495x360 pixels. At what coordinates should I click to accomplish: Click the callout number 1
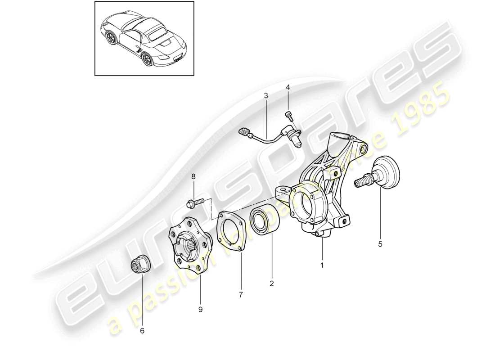[x=322, y=265]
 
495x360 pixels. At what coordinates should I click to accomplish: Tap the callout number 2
[x=271, y=283]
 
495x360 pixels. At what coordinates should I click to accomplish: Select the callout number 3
[x=266, y=95]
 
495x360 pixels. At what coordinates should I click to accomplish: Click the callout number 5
[x=380, y=245]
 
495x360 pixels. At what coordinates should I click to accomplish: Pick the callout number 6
[x=143, y=330]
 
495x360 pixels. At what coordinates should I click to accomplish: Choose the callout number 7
[x=241, y=295]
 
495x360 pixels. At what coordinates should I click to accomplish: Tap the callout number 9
[x=201, y=310]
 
